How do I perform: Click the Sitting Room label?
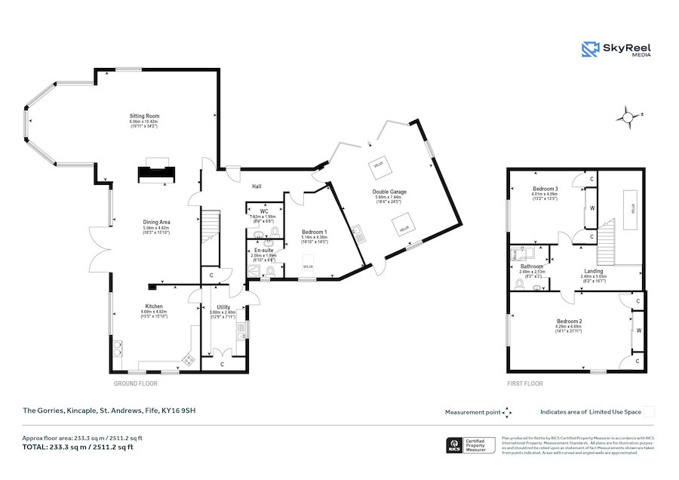click(144, 116)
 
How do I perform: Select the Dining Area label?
click(156, 222)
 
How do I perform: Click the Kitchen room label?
click(154, 306)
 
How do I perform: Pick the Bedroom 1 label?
click(314, 232)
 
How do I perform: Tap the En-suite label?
click(263, 250)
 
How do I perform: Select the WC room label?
click(264, 211)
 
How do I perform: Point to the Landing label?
click(593, 271)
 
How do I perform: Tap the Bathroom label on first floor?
click(532, 266)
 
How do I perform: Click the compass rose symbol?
click(625, 117)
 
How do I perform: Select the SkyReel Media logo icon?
click(590, 49)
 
